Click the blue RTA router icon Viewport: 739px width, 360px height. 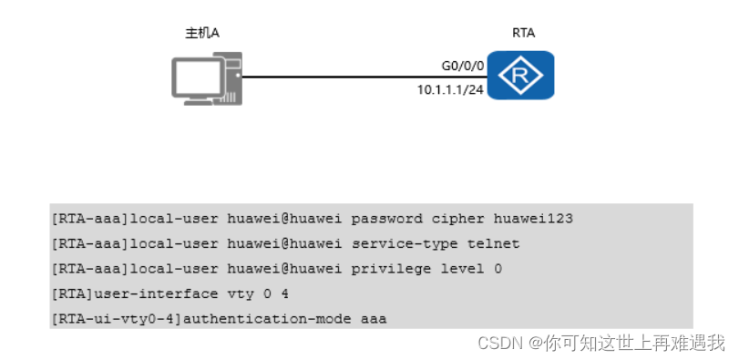(x=520, y=77)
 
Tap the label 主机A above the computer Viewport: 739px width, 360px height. (x=202, y=33)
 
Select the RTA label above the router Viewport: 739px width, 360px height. (x=523, y=33)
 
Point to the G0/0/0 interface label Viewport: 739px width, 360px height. (x=462, y=67)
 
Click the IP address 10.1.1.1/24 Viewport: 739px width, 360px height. (x=449, y=89)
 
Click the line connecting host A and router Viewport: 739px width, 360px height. (x=364, y=77)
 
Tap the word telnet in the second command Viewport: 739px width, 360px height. (x=494, y=244)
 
